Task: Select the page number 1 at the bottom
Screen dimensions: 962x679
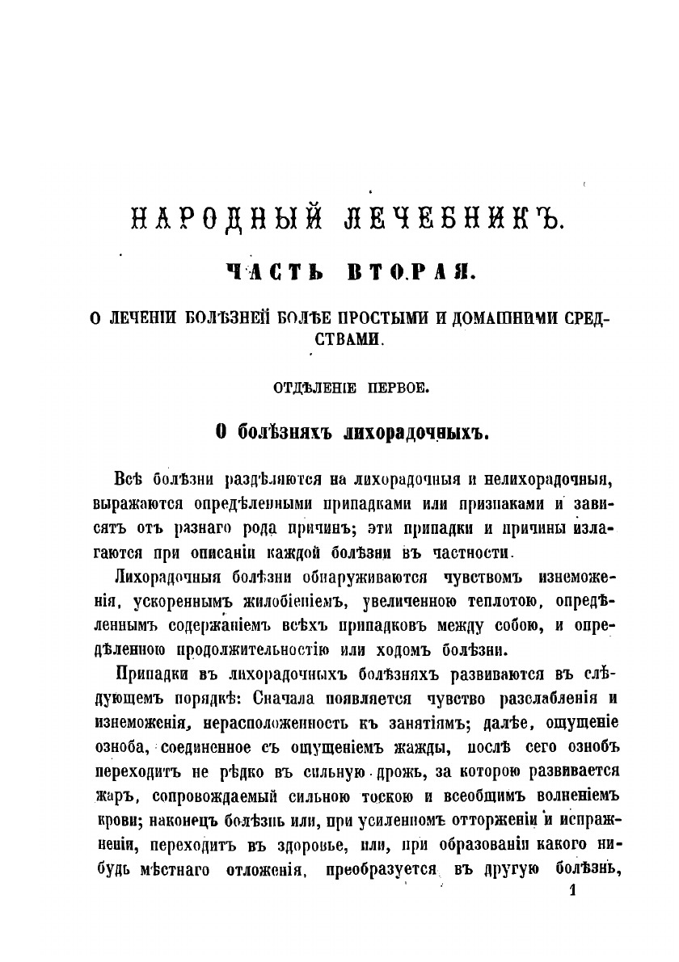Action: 574,891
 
